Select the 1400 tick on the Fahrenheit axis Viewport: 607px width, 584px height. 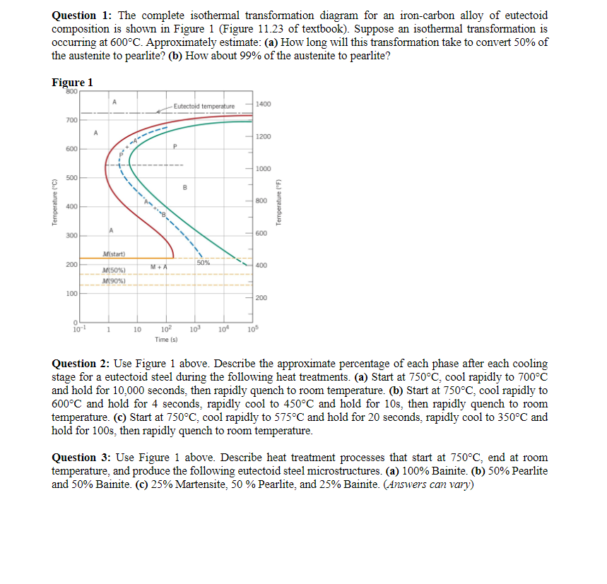264,104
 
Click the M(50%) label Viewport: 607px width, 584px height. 114,271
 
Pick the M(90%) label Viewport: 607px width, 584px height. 114,281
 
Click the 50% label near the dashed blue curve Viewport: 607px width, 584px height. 204,263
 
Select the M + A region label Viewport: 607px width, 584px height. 158,266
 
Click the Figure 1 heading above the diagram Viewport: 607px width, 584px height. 72,82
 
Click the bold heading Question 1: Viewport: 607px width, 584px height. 81,16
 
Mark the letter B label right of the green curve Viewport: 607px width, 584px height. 184,187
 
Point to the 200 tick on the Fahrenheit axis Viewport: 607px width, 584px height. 261,298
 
